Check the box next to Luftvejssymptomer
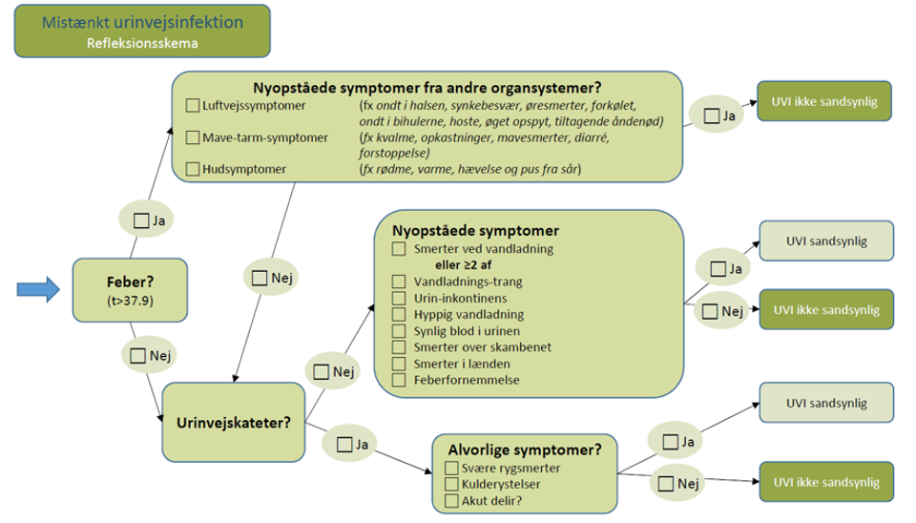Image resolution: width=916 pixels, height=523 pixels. [193, 106]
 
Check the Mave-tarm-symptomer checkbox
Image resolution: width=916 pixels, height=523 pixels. [193, 138]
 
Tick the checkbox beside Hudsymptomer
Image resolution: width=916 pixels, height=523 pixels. [193, 170]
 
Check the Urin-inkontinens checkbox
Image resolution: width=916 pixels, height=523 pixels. [399, 298]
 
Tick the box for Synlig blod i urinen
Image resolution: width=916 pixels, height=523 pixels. [399, 330]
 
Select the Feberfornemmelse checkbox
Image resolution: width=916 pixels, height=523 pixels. [399, 380]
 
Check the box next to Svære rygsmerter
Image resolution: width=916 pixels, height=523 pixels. [452, 469]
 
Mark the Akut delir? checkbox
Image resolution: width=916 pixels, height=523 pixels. [452, 500]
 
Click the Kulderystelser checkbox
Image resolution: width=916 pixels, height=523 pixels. [452, 485]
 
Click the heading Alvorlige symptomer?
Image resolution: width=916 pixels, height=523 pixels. [518, 450]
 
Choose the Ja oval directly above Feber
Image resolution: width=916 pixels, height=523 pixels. [150, 220]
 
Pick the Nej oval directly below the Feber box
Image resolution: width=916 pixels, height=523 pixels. [151, 355]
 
